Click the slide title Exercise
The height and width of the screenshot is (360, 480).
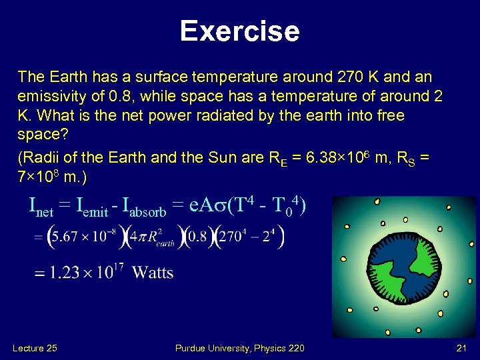[239, 31]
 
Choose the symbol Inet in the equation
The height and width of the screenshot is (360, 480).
[41, 209]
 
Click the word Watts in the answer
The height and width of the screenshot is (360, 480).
[153, 272]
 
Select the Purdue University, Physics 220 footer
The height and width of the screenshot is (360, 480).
[239, 348]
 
